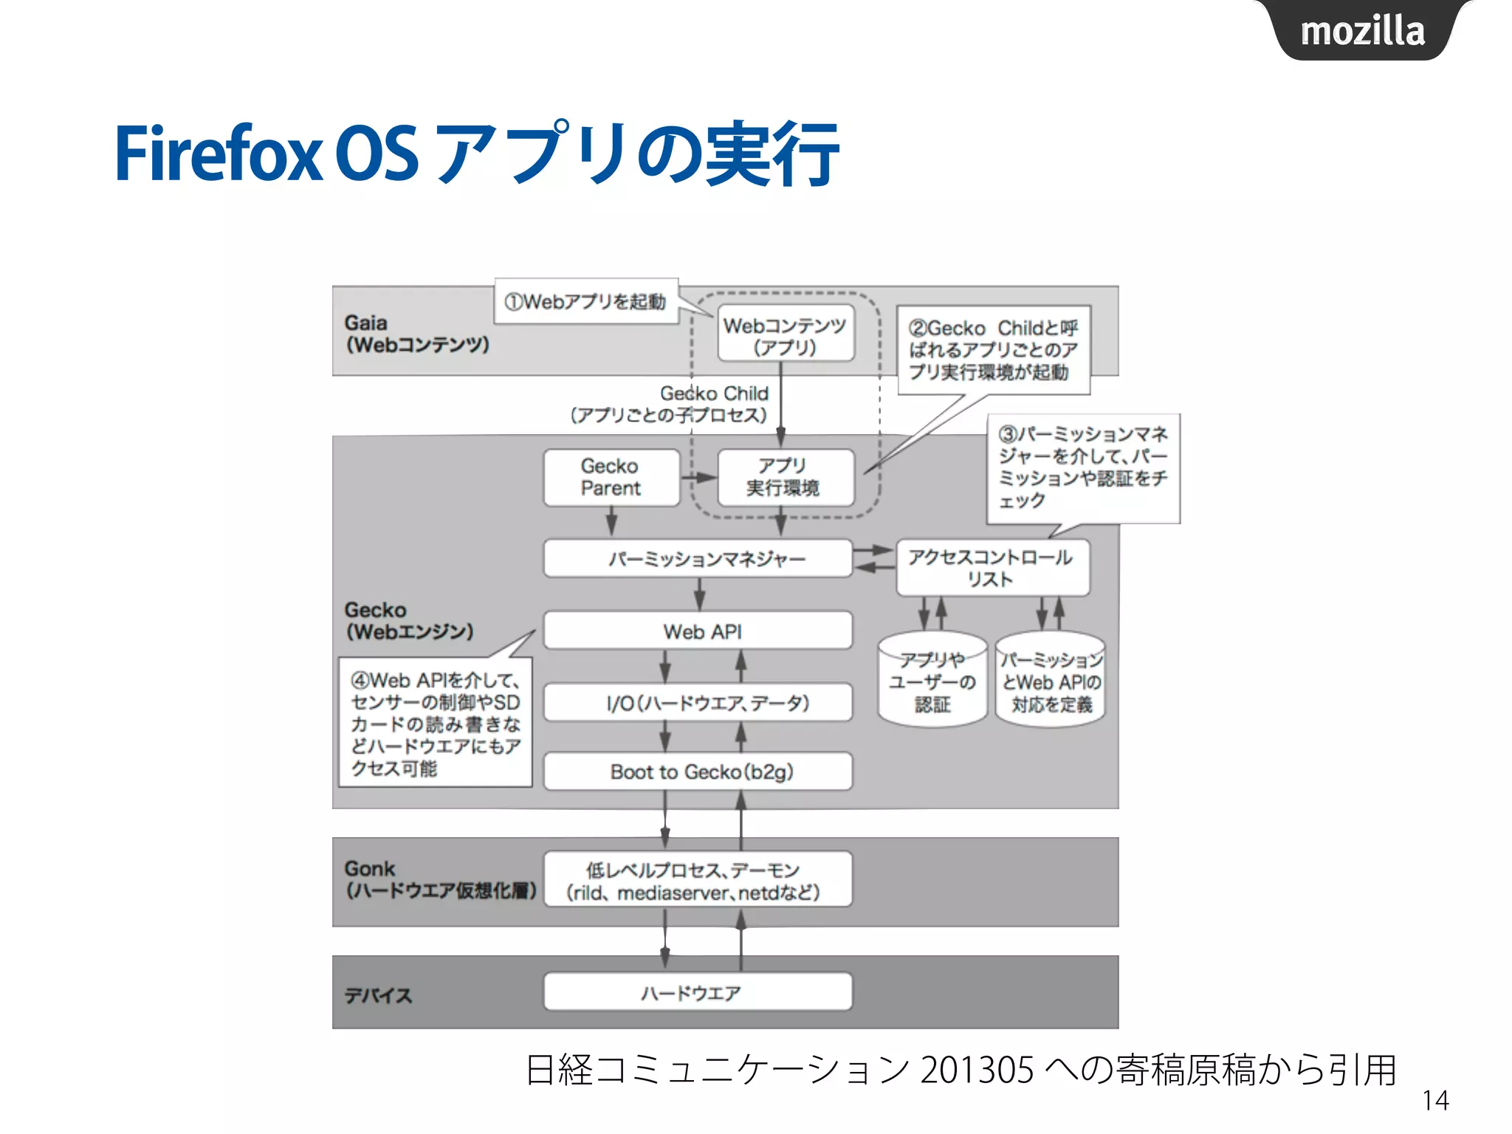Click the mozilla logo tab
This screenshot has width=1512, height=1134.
click(x=1363, y=31)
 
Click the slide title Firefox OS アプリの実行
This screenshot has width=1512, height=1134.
click(x=477, y=154)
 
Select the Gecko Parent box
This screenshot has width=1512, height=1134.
click(x=611, y=478)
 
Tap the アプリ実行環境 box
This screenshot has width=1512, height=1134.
click(x=785, y=478)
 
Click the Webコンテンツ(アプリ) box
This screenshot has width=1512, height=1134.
click(x=785, y=334)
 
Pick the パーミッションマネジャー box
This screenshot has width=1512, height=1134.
click(x=698, y=559)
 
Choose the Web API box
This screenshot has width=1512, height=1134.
click(x=698, y=631)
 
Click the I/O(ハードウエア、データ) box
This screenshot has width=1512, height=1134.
click(x=698, y=703)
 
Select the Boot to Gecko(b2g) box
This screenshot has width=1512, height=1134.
click(x=698, y=772)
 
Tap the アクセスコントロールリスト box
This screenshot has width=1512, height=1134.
click(x=992, y=568)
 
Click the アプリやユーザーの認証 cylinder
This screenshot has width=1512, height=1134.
click(x=932, y=681)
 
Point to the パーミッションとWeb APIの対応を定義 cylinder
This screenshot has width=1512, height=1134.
click(x=1051, y=681)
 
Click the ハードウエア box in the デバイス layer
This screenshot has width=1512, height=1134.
click(x=698, y=992)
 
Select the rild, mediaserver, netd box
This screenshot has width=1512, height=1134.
click(x=698, y=880)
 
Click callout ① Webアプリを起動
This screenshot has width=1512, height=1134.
click(x=585, y=301)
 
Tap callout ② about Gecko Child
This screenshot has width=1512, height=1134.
click(x=993, y=350)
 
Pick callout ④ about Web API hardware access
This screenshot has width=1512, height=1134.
click(x=435, y=723)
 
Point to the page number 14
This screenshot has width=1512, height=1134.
click(x=1435, y=1101)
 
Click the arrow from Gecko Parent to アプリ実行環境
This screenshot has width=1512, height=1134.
click(x=698, y=478)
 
